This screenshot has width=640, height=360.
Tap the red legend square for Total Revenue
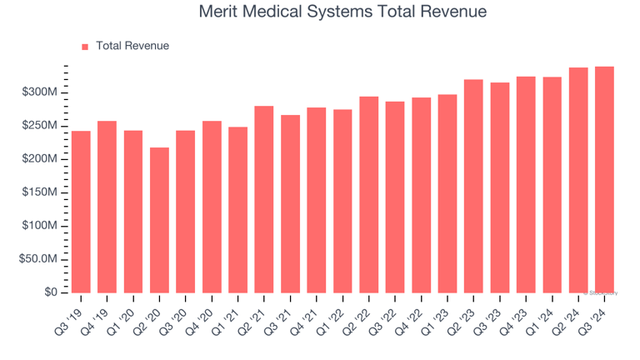pyautogui.click(x=85, y=47)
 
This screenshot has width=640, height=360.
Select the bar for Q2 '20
pyautogui.click(x=159, y=220)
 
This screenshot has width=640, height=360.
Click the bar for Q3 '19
pyautogui.click(x=81, y=212)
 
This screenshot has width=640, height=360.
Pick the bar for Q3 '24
pyautogui.click(x=604, y=179)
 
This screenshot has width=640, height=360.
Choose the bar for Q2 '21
pyautogui.click(x=264, y=199)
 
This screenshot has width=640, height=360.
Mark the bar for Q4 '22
pyautogui.click(x=421, y=195)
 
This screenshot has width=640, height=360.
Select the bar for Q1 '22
pyautogui.click(x=342, y=201)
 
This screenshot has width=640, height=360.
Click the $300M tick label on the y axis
pyautogui.click(x=39, y=92)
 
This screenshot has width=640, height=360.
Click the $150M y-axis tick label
pyautogui.click(x=39, y=192)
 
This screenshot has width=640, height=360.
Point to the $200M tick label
pyautogui.click(x=39, y=158)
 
